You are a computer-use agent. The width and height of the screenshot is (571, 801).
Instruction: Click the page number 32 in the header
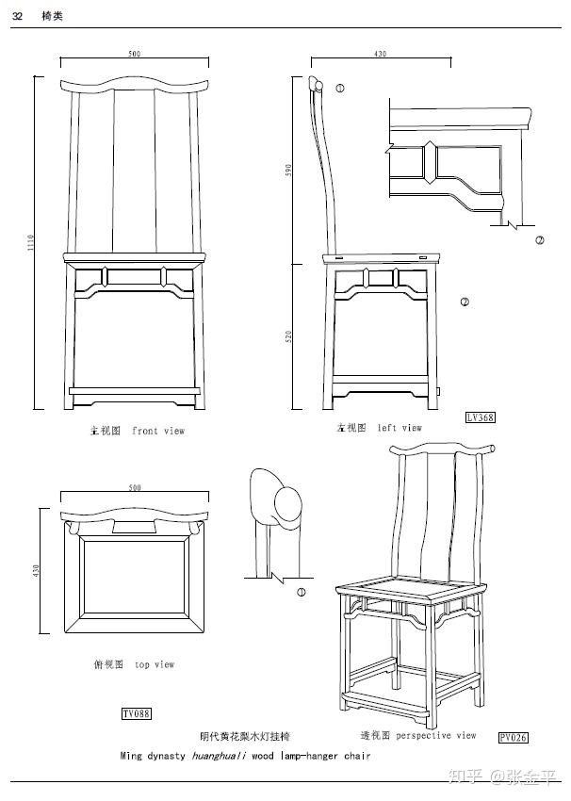(17, 16)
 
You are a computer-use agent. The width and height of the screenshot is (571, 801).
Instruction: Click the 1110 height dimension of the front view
(31, 243)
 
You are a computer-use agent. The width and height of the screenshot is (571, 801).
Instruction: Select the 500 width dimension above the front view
(135, 54)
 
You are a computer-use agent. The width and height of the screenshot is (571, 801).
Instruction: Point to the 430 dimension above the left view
(380, 54)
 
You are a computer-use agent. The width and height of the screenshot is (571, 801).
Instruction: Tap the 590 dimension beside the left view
(289, 170)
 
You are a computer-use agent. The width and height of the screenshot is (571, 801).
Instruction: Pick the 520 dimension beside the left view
(289, 335)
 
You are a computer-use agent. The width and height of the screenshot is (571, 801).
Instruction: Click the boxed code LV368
(480, 417)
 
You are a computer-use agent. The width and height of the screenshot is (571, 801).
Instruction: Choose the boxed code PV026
(514, 737)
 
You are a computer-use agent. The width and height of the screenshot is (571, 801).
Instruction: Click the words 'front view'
(158, 431)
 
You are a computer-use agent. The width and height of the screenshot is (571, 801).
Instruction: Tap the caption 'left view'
(400, 428)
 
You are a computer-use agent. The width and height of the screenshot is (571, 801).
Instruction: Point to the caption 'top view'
(155, 664)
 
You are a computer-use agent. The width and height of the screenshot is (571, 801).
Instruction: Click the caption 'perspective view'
(435, 735)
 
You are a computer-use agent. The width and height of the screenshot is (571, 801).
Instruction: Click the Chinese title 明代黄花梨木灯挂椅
(245, 736)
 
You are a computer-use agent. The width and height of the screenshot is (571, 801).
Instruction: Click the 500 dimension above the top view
(135, 488)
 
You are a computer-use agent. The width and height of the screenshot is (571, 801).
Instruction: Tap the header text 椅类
(52, 16)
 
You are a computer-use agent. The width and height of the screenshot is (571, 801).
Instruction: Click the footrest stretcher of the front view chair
(135, 388)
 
